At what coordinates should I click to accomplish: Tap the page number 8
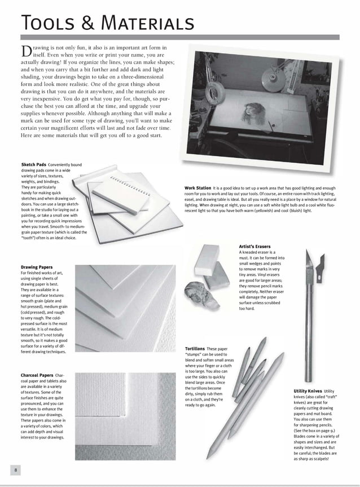coord(17,470)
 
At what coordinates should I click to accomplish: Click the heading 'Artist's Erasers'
coord(254,247)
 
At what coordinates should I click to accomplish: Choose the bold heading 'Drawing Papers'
coord(37,267)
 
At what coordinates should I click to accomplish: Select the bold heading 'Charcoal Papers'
coord(37,375)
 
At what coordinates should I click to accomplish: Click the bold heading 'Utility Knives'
coord(308,391)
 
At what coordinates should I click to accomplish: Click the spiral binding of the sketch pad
coord(126,183)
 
